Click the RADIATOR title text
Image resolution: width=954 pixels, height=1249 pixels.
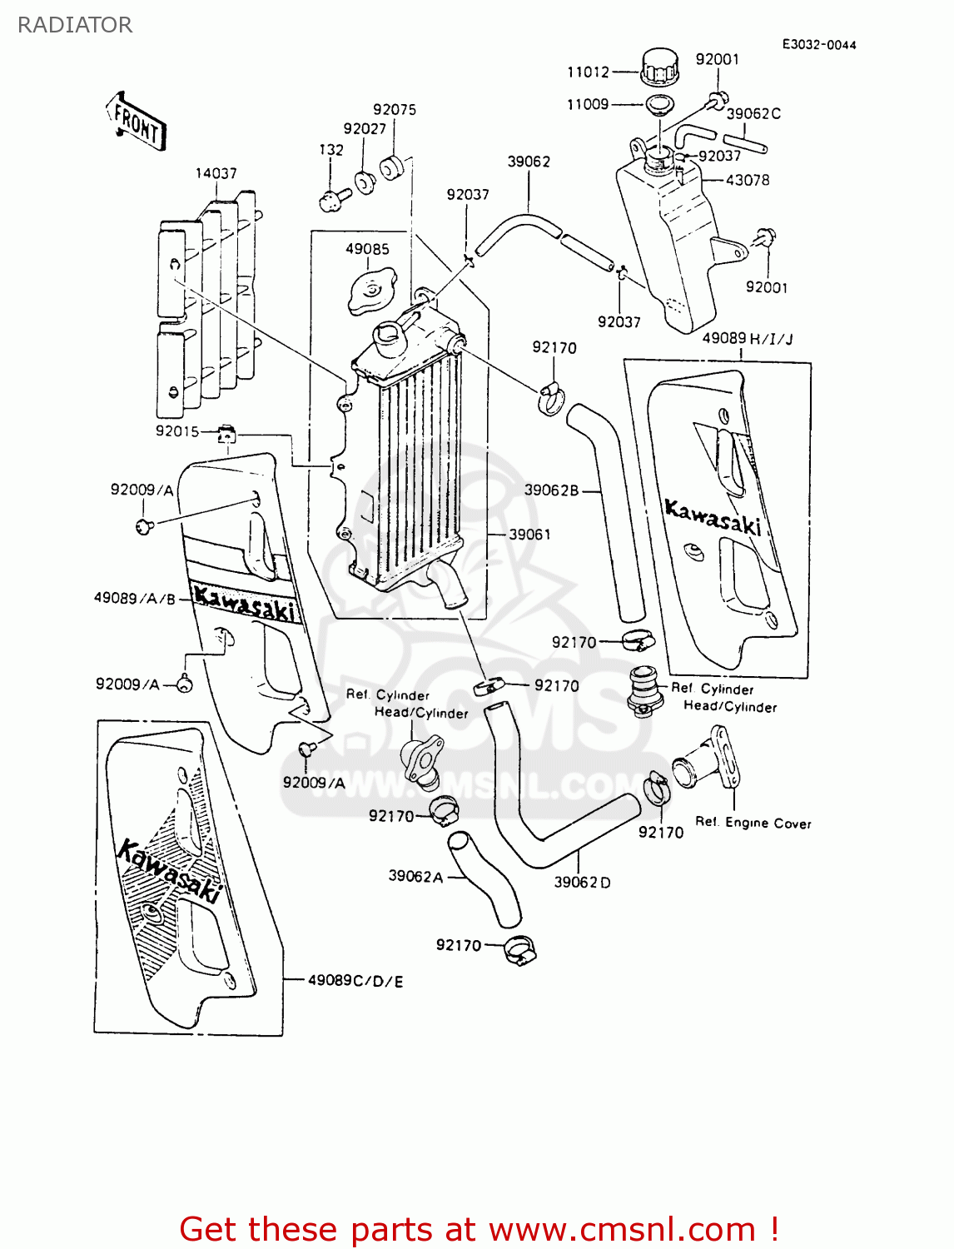tap(74, 25)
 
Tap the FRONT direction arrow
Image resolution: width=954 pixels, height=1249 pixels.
tap(137, 122)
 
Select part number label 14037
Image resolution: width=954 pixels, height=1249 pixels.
tap(216, 173)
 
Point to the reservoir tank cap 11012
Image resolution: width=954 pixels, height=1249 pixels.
tap(661, 66)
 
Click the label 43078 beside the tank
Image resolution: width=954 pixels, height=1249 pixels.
tap(748, 180)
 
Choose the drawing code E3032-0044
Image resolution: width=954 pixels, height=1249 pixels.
tap(818, 45)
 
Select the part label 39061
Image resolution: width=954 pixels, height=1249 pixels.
tap(529, 535)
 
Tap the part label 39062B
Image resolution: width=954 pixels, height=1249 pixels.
tap(551, 490)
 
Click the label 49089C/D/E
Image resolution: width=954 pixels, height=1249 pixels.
tap(355, 981)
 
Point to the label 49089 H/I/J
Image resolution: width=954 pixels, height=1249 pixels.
tap(748, 338)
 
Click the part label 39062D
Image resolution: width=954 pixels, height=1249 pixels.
tap(582, 882)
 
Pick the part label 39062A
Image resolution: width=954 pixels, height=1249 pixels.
tap(415, 876)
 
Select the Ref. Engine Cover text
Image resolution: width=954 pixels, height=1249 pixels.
tap(753, 823)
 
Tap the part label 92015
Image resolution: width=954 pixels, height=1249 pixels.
tap(177, 430)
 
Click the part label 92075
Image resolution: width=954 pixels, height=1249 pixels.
tap(395, 110)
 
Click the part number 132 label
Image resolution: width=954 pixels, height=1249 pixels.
tap(331, 150)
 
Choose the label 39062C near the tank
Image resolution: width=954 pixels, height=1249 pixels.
tap(753, 113)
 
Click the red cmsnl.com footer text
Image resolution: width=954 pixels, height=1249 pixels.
tap(479, 1229)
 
